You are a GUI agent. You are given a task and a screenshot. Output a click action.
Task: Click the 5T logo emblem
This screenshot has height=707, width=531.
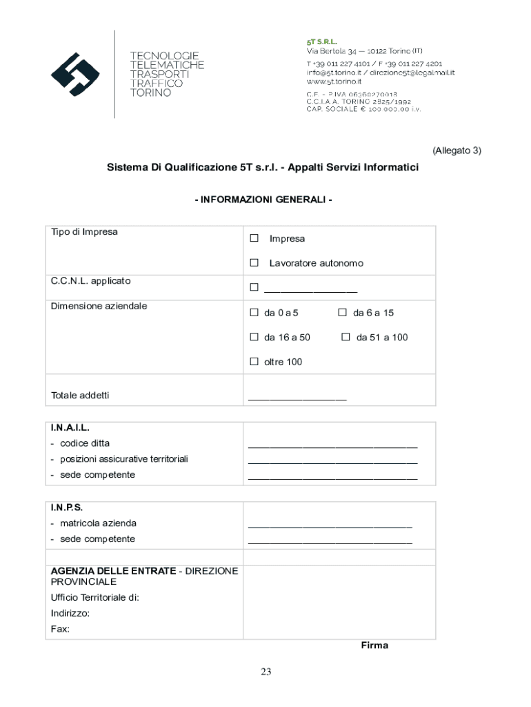point(75,74)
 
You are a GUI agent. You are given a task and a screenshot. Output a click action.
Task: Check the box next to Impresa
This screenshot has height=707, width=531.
point(254,238)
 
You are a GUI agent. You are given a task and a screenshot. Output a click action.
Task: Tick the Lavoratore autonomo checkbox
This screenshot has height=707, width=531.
point(254,263)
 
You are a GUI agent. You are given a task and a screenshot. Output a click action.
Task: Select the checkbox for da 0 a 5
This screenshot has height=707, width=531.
point(254,313)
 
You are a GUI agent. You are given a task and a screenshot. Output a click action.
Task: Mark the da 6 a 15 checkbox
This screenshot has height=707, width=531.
point(342,313)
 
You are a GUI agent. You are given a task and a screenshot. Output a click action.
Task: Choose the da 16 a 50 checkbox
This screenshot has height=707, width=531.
point(254,338)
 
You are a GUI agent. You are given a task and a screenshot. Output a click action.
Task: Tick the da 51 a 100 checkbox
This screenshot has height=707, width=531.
point(345,338)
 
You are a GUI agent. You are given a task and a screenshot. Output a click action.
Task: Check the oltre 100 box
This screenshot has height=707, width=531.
point(254,362)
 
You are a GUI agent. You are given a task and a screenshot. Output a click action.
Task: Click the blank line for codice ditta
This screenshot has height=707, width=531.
point(332,445)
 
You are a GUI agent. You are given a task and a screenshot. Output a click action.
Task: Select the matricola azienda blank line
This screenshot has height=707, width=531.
point(330,525)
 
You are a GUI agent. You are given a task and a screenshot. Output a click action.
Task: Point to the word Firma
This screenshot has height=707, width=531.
point(374,646)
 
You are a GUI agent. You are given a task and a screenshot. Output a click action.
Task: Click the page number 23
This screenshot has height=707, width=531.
point(266,672)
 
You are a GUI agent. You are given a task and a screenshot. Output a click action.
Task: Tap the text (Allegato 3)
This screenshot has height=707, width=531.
point(456,151)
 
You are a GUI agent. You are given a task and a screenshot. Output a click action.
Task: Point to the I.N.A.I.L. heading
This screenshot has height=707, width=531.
point(70,428)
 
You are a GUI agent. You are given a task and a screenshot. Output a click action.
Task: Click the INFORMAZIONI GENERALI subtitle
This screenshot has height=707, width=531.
point(263,200)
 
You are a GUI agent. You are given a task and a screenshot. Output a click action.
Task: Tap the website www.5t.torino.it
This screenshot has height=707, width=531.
point(335,81)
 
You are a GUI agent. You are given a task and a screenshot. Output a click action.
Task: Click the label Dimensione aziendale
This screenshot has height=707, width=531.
point(99,306)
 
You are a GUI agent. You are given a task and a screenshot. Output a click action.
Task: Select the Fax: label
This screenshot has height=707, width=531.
point(60,629)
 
